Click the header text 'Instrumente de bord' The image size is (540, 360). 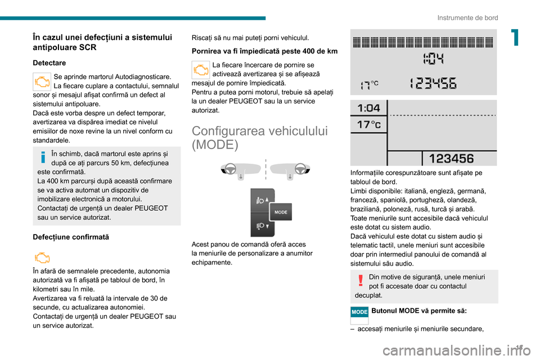pyautogui.click(x=467, y=18)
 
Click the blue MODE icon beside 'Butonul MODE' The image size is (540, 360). pyautogui.click(x=359, y=312)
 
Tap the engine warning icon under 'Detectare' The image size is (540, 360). pyautogui.click(x=42, y=82)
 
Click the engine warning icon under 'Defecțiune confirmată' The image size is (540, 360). pyautogui.click(x=42, y=258)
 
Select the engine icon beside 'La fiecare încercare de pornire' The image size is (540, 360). pyautogui.click(x=200, y=70)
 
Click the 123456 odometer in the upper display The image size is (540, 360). pyautogui.click(x=433, y=84)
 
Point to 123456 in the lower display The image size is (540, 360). pyautogui.click(x=451, y=159)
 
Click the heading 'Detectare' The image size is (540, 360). pyautogui.click(x=49, y=63)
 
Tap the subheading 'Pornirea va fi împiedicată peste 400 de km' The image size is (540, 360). pyautogui.click(x=264, y=51)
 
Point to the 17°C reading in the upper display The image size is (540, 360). pyautogui.click(x=369, y=84)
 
